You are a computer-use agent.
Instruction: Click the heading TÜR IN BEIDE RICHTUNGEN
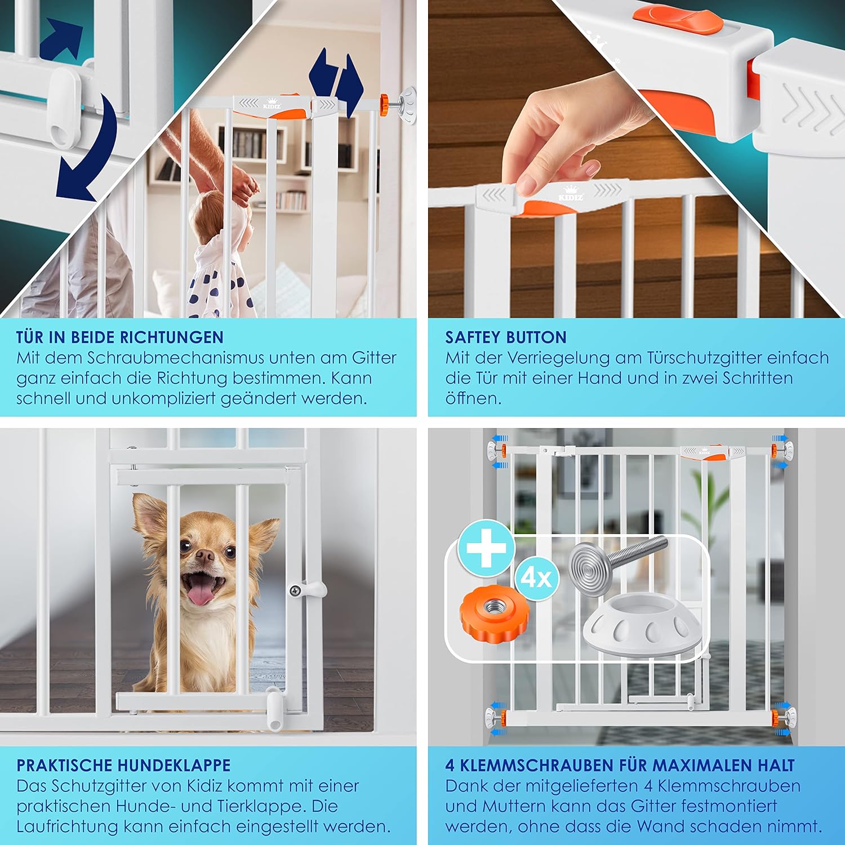(x=120, y=337)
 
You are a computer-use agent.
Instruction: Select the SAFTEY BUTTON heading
(x=506, y=337)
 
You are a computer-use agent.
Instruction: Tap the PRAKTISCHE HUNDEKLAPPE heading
(x=123, y=765)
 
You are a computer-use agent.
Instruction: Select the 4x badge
(x=536, y=577)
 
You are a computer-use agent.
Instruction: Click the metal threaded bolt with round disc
(x=614, y=558)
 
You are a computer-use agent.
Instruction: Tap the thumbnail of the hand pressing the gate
(x=563, y=158)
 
